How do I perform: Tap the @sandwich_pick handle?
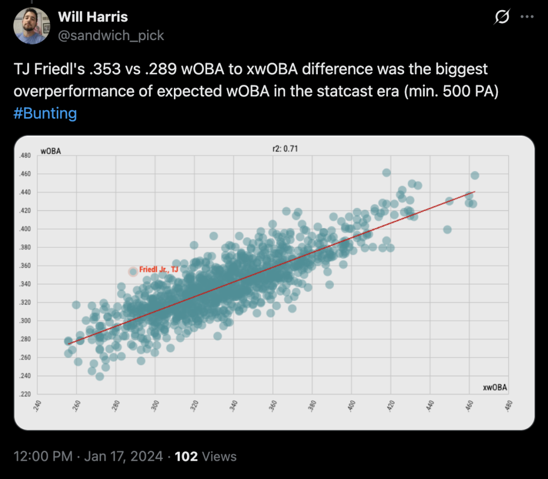coord(111,35)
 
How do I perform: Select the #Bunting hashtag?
coord(45,113)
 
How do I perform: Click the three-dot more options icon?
coord(527,17)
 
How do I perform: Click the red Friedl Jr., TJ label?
coord(158,270)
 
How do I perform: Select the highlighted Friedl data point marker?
coord(133,272)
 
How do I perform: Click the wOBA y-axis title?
coord(51,151)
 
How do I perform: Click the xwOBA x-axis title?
coord(495,387)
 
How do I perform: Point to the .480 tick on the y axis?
coord(25,156)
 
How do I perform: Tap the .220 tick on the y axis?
coord(25,395)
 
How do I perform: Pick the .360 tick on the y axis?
coord(25,266)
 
